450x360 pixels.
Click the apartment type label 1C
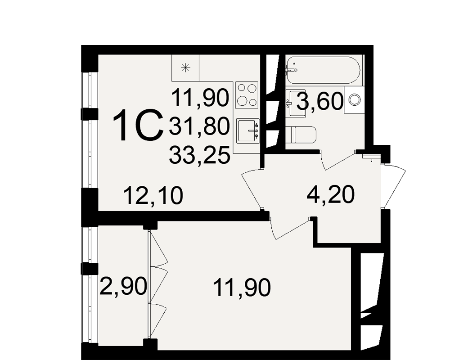[138, 126]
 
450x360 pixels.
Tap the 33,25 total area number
[200, 155]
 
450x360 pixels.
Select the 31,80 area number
[200, 126]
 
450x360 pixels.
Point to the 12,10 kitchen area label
[153, 195]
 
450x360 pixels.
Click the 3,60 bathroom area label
[320, 102]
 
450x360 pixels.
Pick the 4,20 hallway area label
[331, 195]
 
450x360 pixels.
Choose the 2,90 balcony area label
[123, 286]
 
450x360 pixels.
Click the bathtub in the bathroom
[323, 70]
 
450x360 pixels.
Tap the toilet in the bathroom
[301, 135]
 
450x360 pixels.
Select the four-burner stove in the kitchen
[247, 95]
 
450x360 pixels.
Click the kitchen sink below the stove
[248, 131]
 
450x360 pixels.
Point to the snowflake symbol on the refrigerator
[185, 68]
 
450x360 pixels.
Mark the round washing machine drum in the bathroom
[355, 100]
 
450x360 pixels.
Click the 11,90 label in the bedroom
[242, 288]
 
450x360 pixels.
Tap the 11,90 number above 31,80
[200, 98]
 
